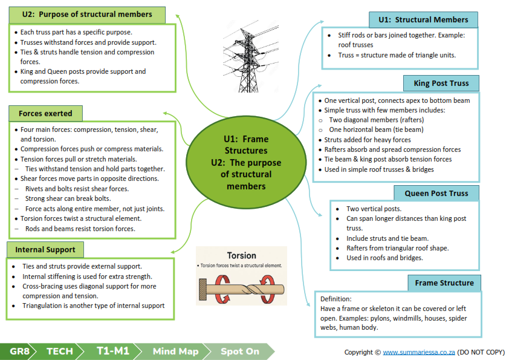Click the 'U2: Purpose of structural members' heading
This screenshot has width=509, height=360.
click(x=87, y=15)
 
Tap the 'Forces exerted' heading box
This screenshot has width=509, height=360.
click(x=45, y=113)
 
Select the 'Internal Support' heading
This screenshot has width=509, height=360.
click(x=45, y=249)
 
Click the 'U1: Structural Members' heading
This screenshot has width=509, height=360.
click(x=423, y=20)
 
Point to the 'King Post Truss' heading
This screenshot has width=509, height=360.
click(x=441, y=83)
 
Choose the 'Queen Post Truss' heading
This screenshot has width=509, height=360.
click(x=436, y=194)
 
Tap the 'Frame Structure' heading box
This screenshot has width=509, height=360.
click(x=444, y=283)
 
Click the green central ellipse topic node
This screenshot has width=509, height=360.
click(x=246, y=163)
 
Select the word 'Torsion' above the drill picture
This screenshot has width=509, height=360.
click(x=242, y=255)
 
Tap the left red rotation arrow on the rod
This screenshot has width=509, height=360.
click(x=222, y=289)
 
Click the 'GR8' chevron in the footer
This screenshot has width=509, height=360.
click(x=18, y=352)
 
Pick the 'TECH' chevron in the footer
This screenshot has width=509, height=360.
click(x=60, y=352)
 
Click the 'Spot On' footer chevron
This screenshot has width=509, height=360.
click(x=240, y=352)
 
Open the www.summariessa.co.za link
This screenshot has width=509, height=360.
click(x=419, y=352)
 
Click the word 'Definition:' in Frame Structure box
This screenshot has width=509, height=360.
click(x=336, y=299)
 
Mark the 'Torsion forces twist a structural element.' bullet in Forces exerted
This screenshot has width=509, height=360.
click(x=81, y=218)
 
